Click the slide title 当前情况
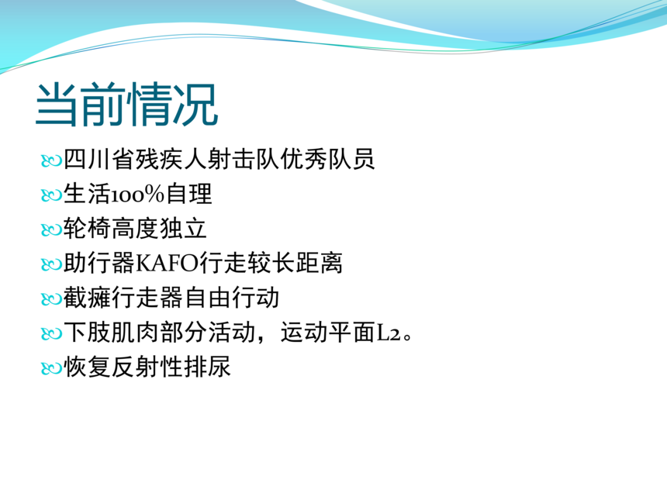coord(126,105)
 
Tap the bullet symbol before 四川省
coord(51,161)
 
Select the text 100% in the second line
coord(138,195)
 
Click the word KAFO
coord(167,264)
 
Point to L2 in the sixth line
coord(389,333)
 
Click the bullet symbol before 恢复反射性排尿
coord(51,367)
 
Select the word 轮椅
coord(87,229)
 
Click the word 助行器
coord(99,263)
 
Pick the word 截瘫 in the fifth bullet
coord(87,297)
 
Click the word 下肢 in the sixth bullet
coord(87,332)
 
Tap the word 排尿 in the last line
coord(207,367)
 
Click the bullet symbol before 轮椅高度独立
coord(51,230)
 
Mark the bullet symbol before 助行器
coord(51,264)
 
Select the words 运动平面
coord(328,332)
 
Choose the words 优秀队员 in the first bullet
coord(327,160)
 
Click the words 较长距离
coord(295,263)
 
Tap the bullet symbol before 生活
coord(51,195)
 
